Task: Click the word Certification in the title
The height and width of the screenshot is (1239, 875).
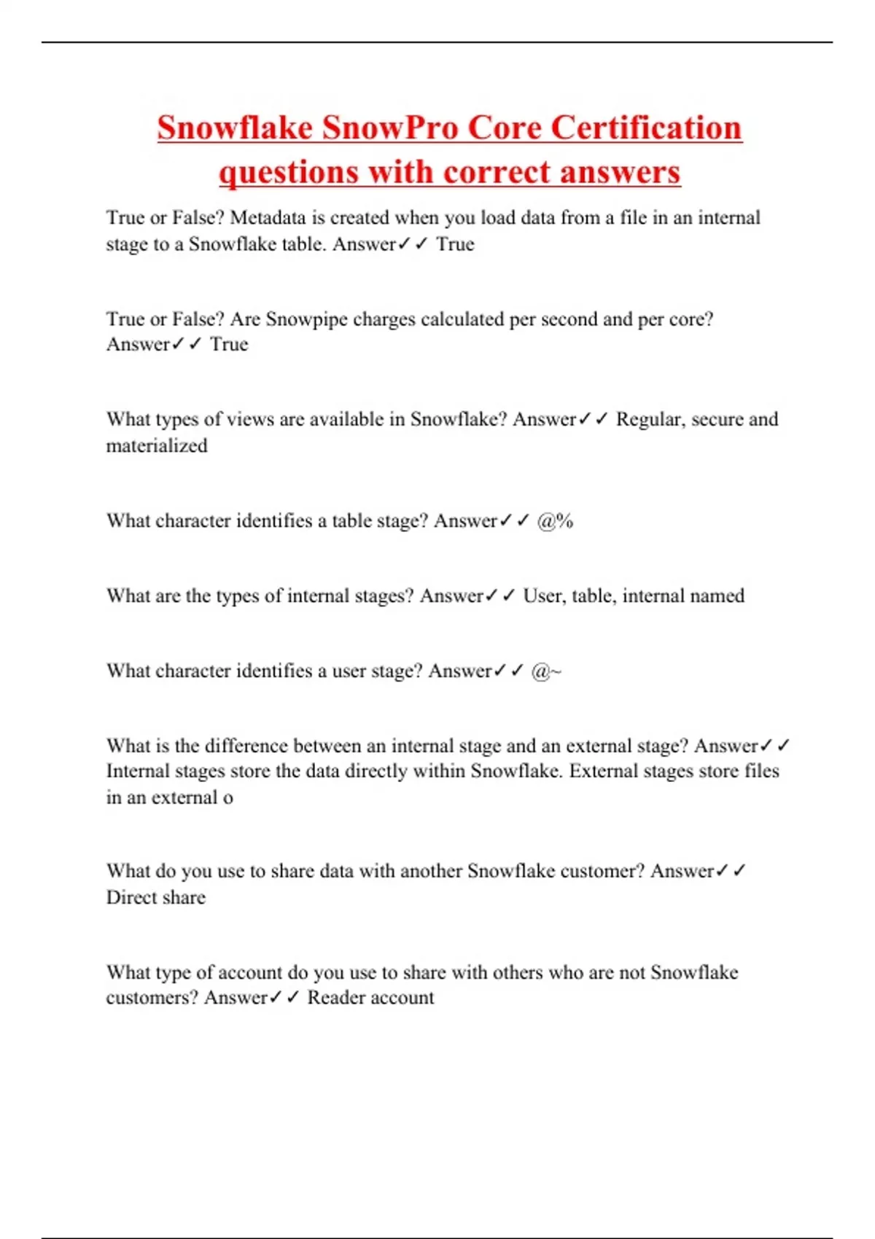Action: pos(646,128)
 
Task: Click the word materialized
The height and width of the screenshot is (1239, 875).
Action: pos(157,445)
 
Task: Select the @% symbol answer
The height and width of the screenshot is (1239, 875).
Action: pos(555,521)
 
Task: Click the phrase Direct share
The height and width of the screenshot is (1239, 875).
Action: pos(156,897)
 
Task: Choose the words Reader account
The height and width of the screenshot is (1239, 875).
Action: pos(370,998)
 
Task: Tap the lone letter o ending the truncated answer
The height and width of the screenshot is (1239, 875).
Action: pos(228,798)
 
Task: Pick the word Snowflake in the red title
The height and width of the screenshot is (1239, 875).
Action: pos(235,128)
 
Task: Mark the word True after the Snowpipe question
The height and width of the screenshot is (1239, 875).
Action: pos(229,344)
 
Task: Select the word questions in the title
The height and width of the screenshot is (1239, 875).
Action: pos(289,173)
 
